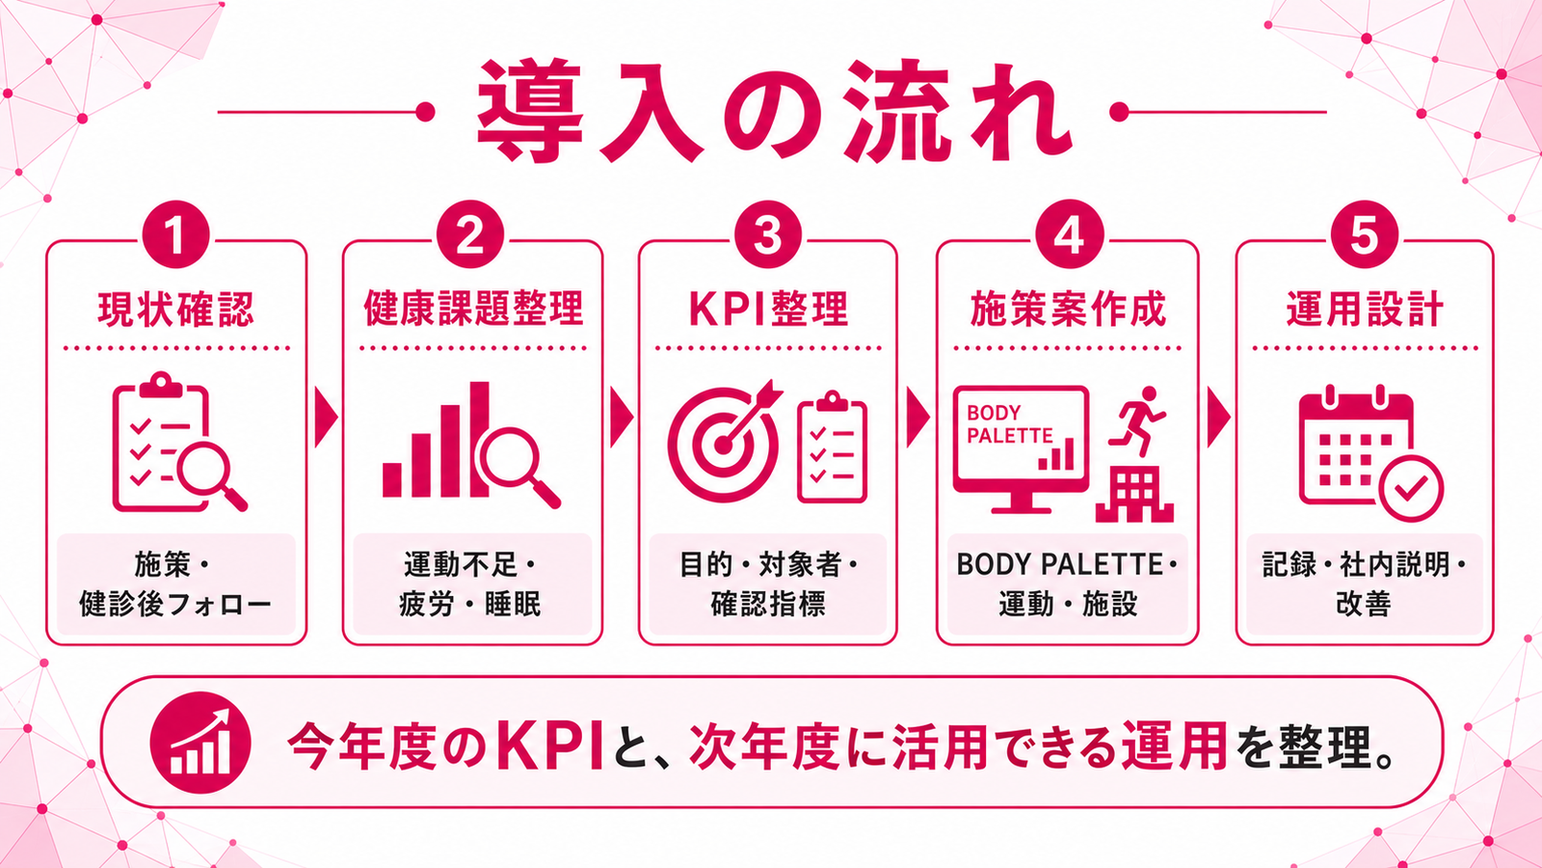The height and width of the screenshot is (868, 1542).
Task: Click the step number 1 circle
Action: (175, 234)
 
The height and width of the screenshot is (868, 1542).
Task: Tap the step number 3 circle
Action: (767, 234)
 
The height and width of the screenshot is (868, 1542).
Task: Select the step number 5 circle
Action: (1365, 234)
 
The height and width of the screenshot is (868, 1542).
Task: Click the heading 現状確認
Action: (176, 309)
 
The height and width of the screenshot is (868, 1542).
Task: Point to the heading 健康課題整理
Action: (473, 309)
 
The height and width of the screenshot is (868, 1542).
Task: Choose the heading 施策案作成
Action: (1068, 309)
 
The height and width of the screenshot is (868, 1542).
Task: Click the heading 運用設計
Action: (1365, 309)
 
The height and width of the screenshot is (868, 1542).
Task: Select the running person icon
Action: (1137, 420)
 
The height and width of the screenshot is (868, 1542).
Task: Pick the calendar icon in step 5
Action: (1356, 447)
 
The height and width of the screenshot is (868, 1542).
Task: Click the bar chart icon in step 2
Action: (437, 440)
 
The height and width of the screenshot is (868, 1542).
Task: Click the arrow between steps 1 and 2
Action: (326, 418)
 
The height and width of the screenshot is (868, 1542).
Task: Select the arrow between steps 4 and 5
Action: (1218, 418)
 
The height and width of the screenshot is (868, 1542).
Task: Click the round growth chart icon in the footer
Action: (200, 743)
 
